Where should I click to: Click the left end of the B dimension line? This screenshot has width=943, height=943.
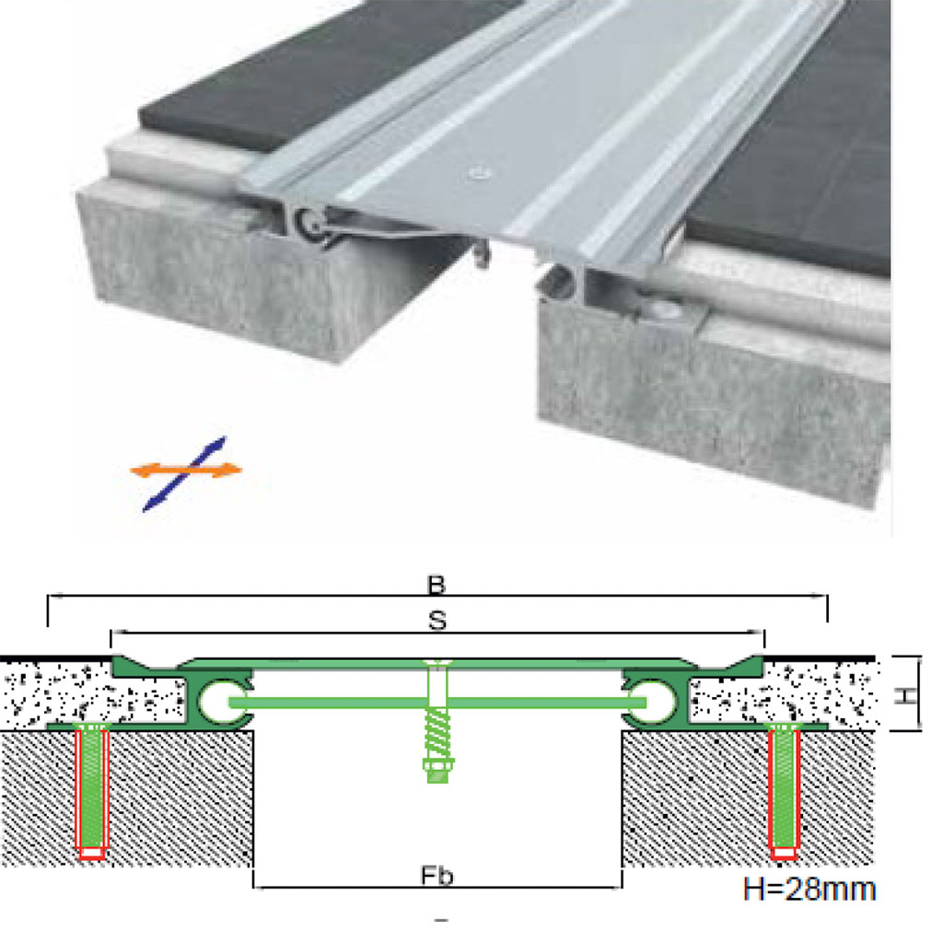tap(48, 596)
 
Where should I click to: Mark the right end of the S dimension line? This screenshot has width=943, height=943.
tap(763, 633)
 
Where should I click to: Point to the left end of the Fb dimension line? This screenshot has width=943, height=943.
tap(254, 887)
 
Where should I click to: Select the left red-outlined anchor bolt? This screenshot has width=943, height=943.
tap(92, 792)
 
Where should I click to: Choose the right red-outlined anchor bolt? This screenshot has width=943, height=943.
tap(785, 792)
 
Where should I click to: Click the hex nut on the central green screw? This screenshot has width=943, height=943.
tap(438, 765)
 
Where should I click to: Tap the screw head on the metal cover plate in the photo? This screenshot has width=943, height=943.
tap(479, 174)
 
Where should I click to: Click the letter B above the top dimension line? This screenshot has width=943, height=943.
tap(436, 585)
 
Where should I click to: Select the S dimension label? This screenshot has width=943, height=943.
tap(437, 621)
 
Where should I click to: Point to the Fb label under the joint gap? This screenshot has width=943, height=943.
tap(437, 877)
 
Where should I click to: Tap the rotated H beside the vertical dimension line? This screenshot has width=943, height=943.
tap(907, 696)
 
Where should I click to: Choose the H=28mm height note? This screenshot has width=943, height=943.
tap(809, 890)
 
